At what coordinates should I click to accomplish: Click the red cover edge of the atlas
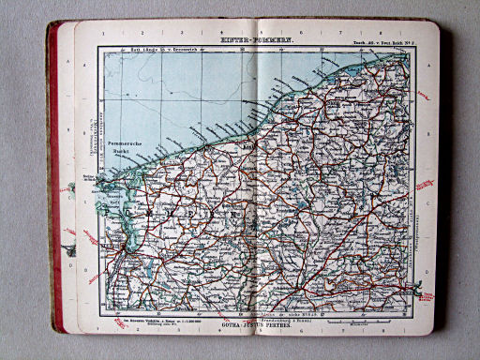[x=55, y=187]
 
